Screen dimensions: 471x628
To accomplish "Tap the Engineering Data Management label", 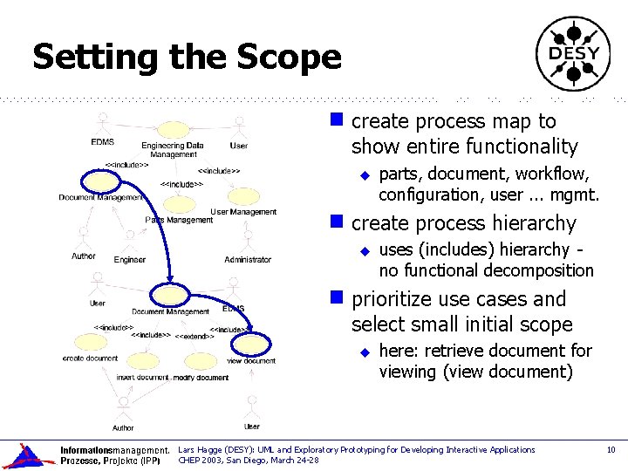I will tap(173, 150).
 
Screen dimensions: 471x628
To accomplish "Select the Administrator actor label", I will tap(248, 260).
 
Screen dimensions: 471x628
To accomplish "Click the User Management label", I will tap(243, 212).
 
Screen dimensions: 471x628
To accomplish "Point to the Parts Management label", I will tap(179, 220).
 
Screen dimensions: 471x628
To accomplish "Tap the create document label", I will tap(90, 358).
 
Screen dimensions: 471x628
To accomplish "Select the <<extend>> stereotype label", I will tap(195, 336).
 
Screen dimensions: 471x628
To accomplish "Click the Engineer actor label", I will tap(130, 260).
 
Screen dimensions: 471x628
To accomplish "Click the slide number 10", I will tap(611, 450).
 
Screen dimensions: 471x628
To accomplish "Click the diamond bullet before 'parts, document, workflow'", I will tap(366, 175).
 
